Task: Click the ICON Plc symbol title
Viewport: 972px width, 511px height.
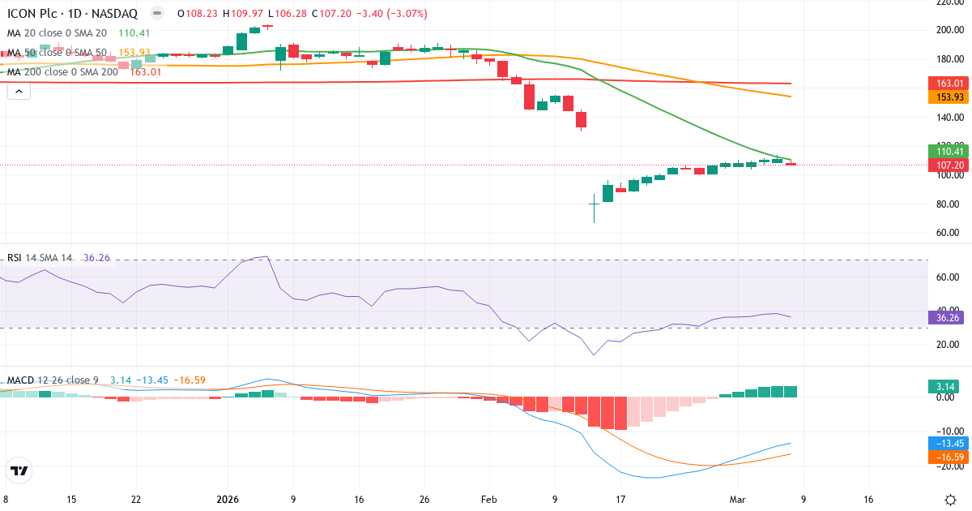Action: coord(72,14)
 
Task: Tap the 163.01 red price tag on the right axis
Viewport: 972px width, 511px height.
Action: coord(949,84)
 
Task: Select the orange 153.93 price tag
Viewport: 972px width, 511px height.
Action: coord(949,97)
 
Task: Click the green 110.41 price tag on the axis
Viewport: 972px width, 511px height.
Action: coord(949,151)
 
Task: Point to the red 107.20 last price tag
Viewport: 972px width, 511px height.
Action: coord(949,165)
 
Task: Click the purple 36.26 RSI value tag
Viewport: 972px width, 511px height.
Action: coord(949,318)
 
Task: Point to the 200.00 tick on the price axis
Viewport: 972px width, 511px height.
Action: coord(949,30)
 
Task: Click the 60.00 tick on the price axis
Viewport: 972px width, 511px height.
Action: coord(949,233)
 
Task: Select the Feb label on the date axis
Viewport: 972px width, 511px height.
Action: coord(488,500)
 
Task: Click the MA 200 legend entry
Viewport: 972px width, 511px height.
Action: coord(62,71)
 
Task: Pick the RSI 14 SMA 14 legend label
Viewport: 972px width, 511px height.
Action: coord(40,258)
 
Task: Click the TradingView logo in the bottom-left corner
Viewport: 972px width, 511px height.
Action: coord(19,470)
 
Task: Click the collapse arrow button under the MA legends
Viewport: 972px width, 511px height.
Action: coord(19,91)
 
